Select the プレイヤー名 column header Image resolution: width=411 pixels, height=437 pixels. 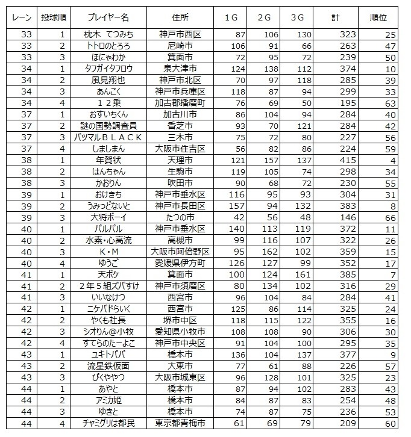(x=114, y=17)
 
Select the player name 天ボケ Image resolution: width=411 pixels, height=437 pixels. (x=114, y=274)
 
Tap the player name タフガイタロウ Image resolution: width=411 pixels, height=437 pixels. (x=114, y=69)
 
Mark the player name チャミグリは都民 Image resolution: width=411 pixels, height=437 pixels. (x=114, y=423)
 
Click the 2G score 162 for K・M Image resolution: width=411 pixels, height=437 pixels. (x=267, y=252)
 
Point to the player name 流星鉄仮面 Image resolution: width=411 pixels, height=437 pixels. (x=114, y=366)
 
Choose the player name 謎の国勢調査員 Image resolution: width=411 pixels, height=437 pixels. (x=114, y=126)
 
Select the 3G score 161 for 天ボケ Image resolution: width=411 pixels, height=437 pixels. (x=303, y=274)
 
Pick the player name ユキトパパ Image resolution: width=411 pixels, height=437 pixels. (x=114, y=355)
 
